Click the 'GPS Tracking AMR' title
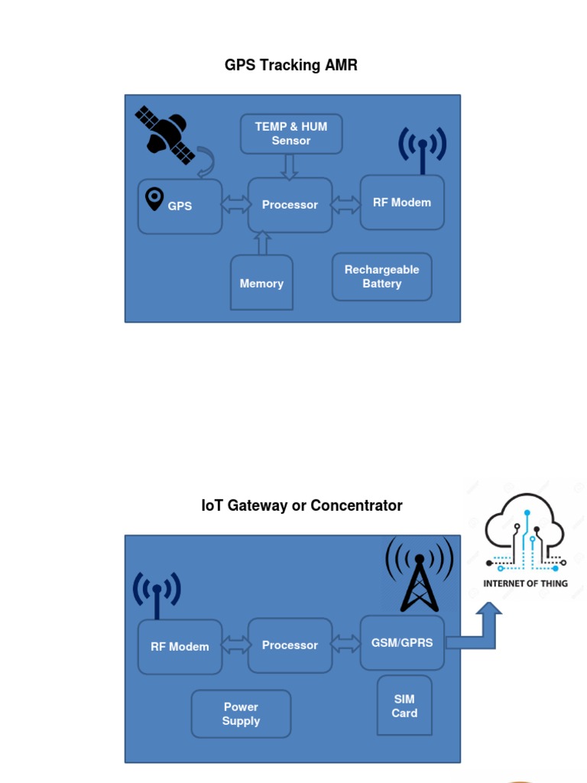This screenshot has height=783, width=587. tap(290, 65)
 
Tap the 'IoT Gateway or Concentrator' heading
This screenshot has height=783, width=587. tap(302, 505)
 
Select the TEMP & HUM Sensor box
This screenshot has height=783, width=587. tap(291, 134)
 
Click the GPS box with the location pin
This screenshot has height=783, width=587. tap(180, 206)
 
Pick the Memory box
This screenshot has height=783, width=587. tap(261, 283)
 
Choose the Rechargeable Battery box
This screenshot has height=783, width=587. tap(381, 277)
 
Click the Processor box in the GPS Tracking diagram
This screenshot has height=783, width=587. tap(290, 205)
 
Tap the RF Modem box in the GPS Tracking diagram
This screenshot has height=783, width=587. tap(402, 203)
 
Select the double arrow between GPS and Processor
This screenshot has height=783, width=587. tap(235, 205)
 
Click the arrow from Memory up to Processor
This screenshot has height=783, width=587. tap(262, 243)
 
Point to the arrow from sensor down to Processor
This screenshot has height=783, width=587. tap(289, 167)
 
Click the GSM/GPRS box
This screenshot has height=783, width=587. tap(402, 643)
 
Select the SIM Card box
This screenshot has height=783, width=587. tap(404, 706)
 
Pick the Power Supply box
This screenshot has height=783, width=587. tap(241, 714)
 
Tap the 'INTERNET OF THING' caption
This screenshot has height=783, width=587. tap(525, 583)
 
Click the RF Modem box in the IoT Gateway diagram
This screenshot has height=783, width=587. tap(180, 647)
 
